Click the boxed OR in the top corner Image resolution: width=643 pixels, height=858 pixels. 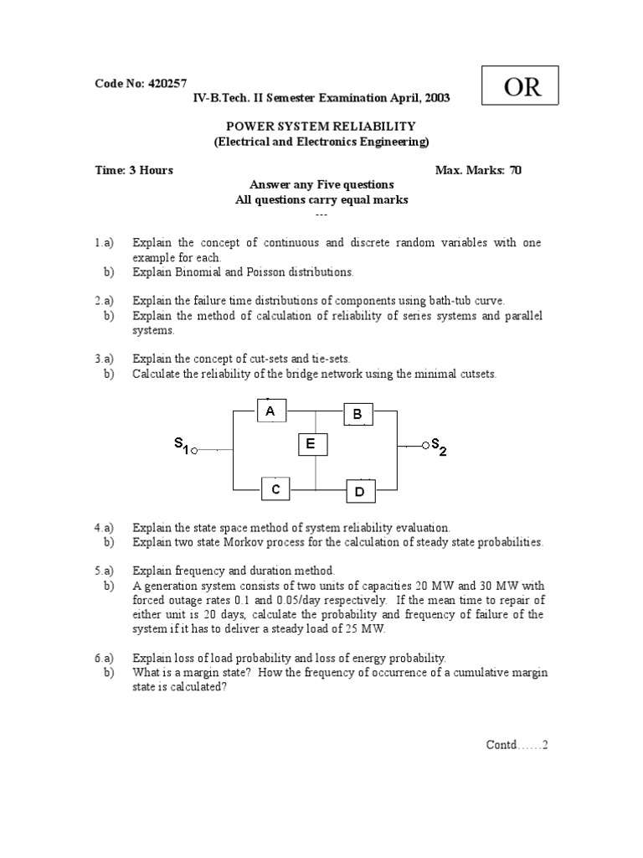[522, 88]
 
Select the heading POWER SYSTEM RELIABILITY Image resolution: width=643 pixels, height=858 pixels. [321, 127]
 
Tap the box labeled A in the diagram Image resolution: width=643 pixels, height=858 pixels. [270, 411]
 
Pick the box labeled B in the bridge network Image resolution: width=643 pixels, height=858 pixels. [358, 414]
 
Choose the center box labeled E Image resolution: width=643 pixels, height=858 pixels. [311, 445]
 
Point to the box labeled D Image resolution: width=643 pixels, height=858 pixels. [360, 492]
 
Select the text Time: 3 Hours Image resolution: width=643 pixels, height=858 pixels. [134, 170]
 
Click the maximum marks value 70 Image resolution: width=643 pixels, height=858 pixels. [515, 170]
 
